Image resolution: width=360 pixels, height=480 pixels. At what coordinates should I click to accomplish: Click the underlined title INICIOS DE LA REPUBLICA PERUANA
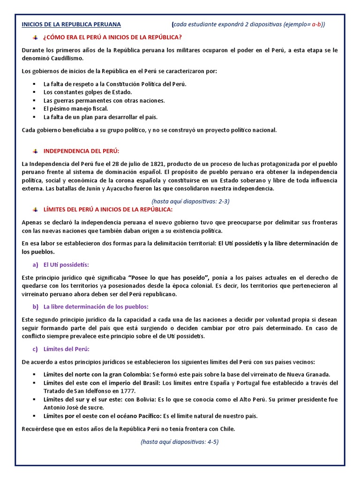click(71, 24)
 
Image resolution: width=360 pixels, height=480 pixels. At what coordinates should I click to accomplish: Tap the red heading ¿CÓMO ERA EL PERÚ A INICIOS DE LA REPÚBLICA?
click(112, 37)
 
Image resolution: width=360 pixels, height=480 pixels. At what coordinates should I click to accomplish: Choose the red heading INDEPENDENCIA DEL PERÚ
click(82, 151)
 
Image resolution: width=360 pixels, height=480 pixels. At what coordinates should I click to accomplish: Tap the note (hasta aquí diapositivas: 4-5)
click(180, 442)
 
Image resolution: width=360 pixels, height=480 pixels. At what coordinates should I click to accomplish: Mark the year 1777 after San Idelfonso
click(127, 391)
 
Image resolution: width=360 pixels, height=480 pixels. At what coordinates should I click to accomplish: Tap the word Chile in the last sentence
click(227, 428)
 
